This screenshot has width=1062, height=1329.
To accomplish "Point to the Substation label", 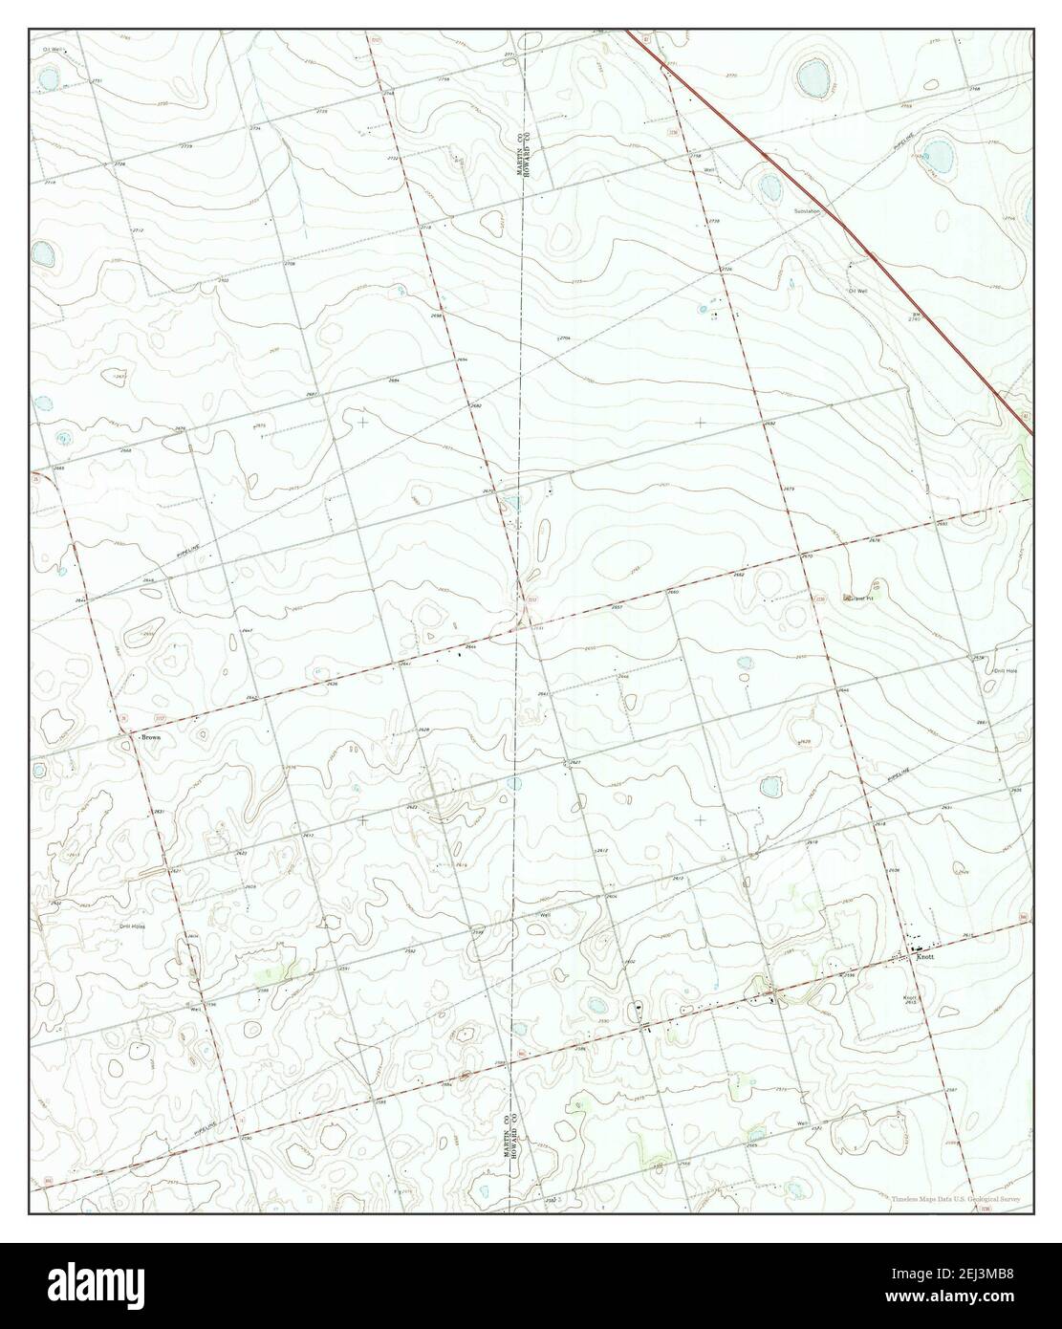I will (x=807, y=211).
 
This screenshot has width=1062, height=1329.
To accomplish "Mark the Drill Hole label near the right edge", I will (x=1004, y=670).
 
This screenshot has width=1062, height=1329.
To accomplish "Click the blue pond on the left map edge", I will (x=42, y=253).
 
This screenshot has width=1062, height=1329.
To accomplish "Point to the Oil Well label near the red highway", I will (x=856, y=291).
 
